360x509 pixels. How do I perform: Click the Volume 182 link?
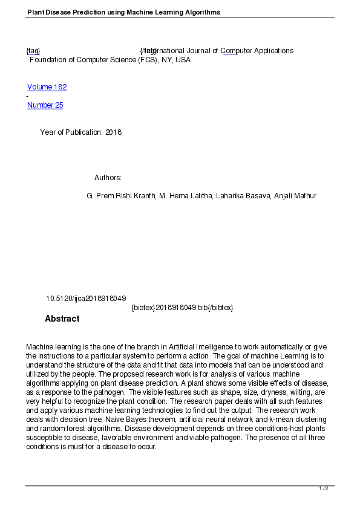[47, 87]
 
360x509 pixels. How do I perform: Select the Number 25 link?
[45, 105]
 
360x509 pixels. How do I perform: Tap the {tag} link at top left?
[33, 51]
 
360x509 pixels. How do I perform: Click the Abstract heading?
[62, 319]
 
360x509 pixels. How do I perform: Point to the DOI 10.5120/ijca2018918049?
[86, 299]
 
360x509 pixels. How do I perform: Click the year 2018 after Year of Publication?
[113, 132]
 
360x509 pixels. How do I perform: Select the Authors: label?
[108, 178]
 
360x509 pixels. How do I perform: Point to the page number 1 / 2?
[324, 488]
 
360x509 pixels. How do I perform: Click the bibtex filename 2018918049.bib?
[182, 308]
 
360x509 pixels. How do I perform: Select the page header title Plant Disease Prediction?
[123, 12]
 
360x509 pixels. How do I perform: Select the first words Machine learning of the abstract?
[53, 347]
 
